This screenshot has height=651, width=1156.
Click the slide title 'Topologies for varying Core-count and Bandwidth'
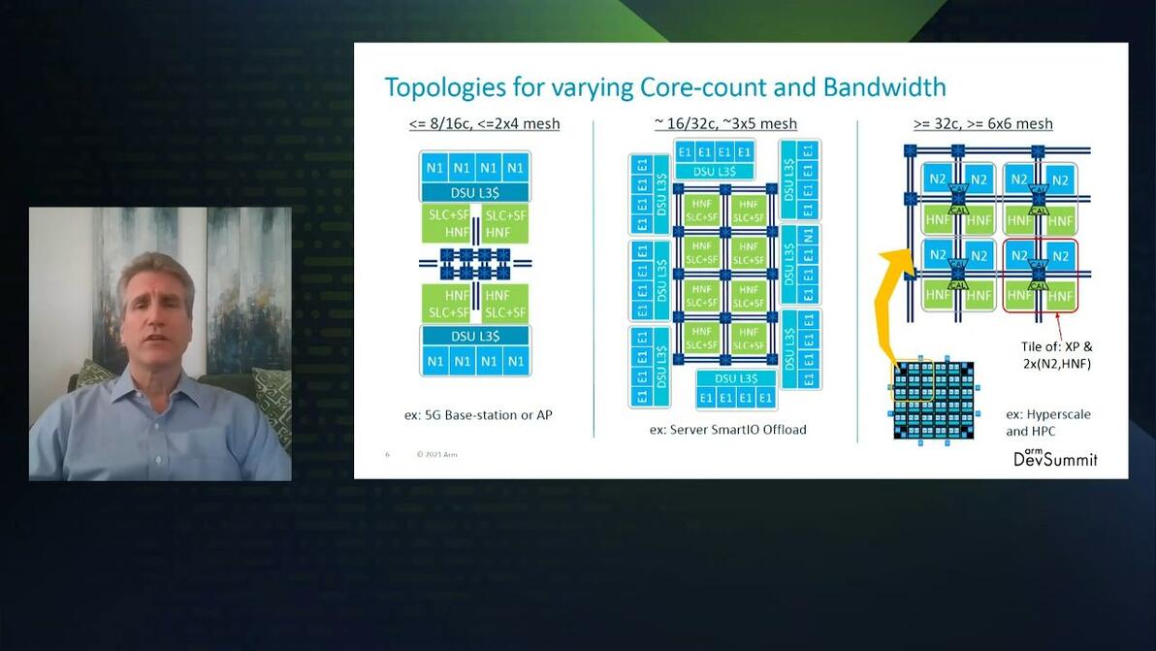[665, 87]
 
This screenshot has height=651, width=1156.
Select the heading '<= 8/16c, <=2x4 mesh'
[484, 123]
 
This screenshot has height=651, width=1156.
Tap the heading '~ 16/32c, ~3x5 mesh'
[725, 123]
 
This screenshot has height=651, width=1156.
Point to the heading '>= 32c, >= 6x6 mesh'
[982, 123]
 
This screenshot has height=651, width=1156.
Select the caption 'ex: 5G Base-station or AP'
[478, 415]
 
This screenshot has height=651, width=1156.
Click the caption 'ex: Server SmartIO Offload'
[727, 429]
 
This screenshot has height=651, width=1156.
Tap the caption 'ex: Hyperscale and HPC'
[1047, 422]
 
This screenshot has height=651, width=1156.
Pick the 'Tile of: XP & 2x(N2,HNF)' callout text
[1056, 354]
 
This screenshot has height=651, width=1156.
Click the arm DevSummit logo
[1055, 457]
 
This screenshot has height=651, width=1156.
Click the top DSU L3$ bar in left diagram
[474, 192]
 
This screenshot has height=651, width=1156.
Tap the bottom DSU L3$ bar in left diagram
[474, 336]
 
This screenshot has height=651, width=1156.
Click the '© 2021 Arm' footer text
[436, 454]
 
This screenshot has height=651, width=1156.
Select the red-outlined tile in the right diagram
[1040, 276]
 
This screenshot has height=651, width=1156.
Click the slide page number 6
[387, 454]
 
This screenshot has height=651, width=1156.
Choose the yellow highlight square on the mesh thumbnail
[914, 381]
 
